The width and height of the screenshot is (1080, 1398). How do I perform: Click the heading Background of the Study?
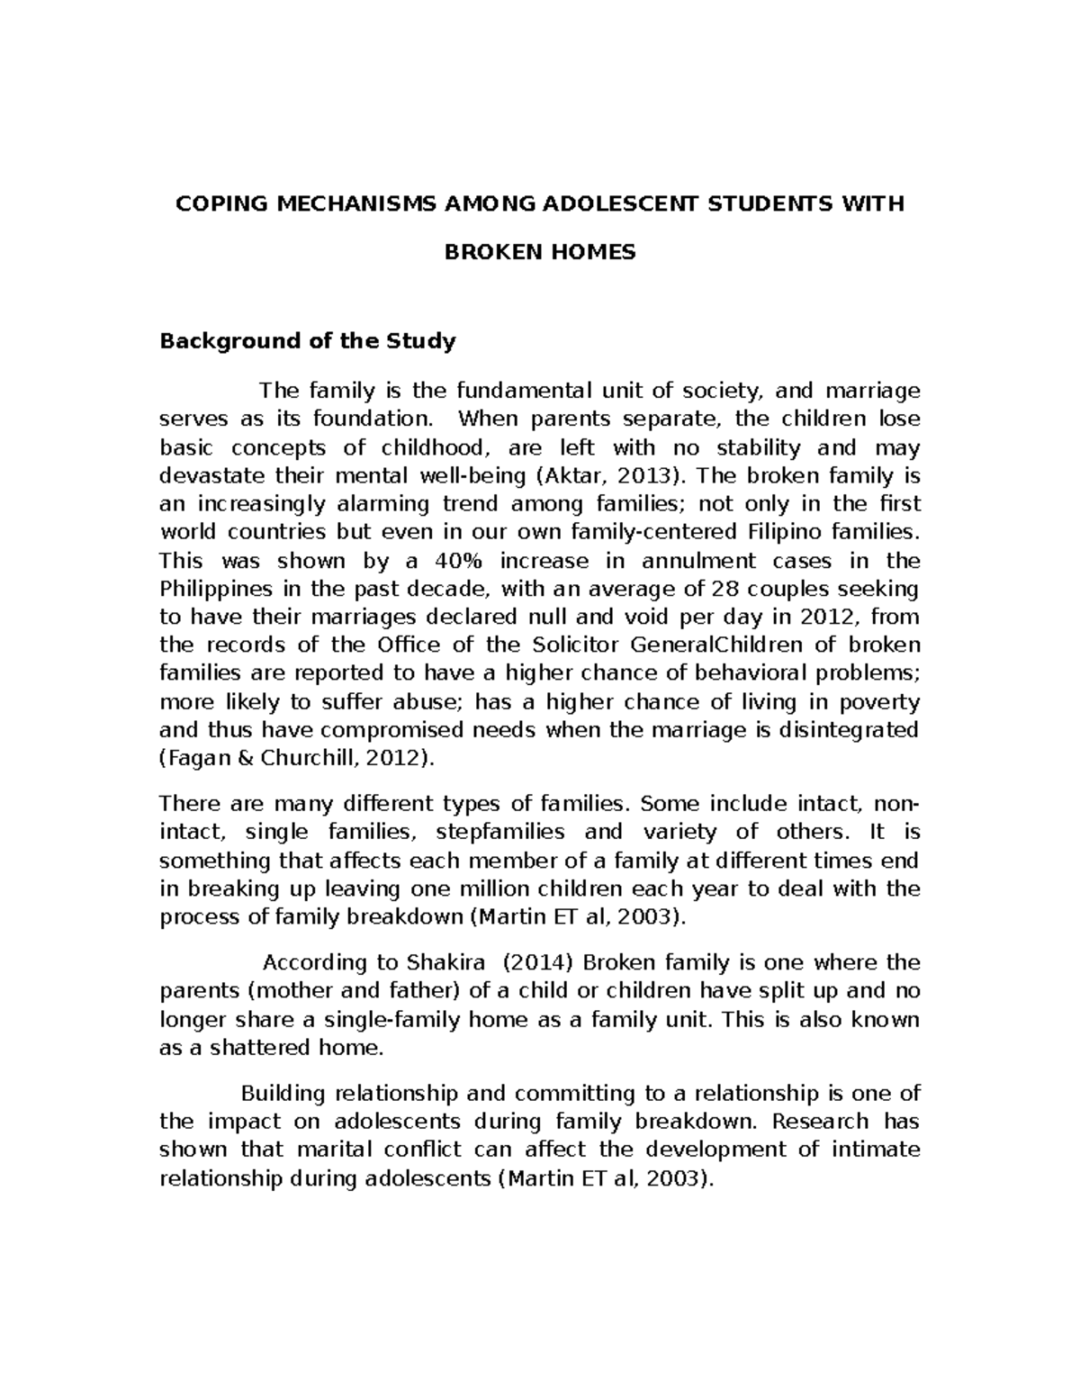pyautogui.click(x=307, y=341)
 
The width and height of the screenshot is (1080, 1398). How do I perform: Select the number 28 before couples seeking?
pyautogui.click(x=723, y=590)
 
